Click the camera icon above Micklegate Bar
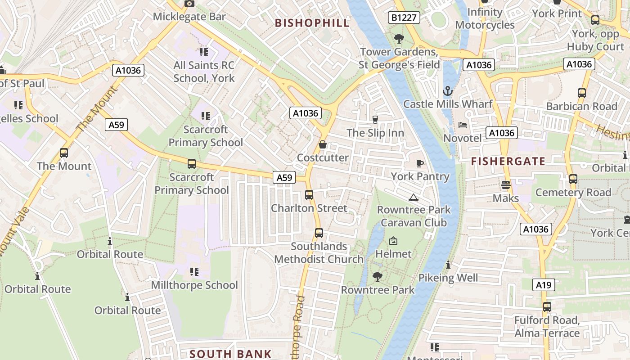click(189, 3)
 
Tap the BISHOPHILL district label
click(312, 23)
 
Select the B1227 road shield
click(404, 18)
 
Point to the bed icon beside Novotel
click(463, 125)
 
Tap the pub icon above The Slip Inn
click(375, 119)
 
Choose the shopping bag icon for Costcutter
click(323, 145)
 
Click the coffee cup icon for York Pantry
click(420, 163)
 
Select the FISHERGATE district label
click(508, 161)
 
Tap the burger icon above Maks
click(506, 185)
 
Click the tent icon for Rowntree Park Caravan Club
click(413, 197)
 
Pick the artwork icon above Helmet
click(393, 241)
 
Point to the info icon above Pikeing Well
click(448, 265)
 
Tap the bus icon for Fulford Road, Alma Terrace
click(547, 307)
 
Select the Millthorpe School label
click(194, 285)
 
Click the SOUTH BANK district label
click(230, 354)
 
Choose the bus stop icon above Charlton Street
click(309, 195)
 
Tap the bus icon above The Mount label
click(64, 153)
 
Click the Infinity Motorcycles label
click(485, 18)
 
